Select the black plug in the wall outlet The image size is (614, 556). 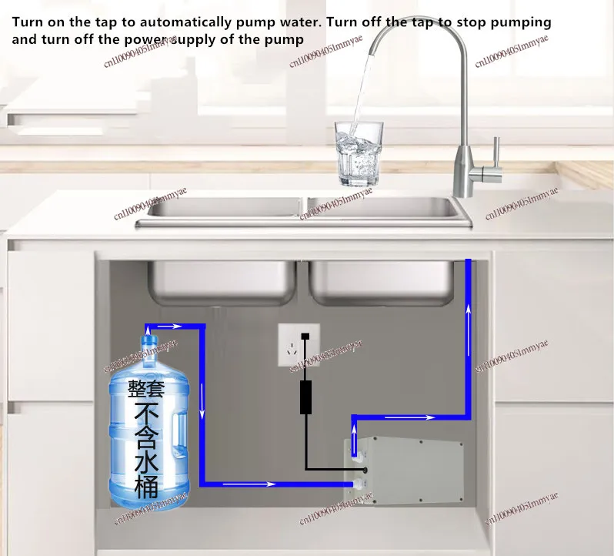coord(306,337)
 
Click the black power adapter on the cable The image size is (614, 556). coord(306,396)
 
